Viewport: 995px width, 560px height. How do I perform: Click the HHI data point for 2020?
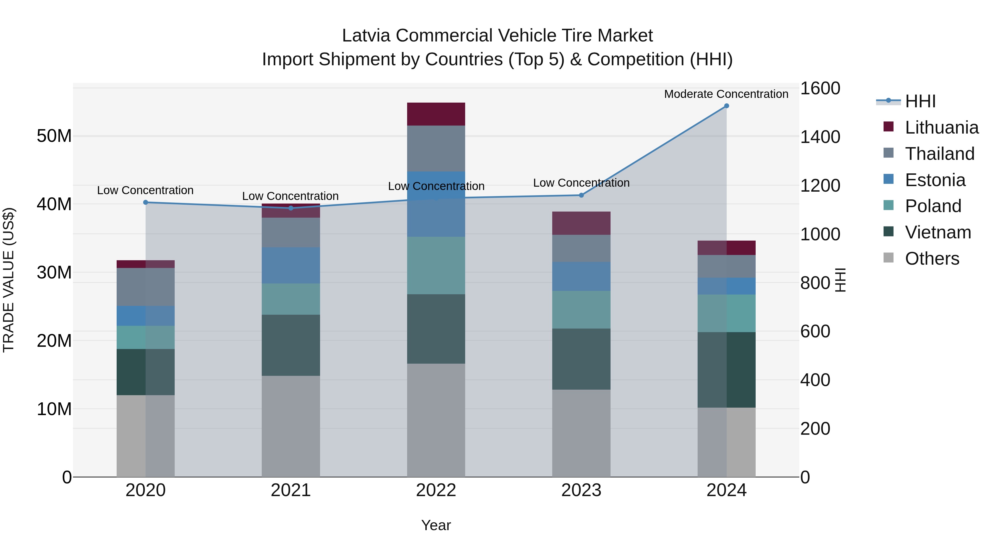pyautogui.click(x=146, y=202)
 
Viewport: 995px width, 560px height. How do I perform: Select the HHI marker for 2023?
pyautogui.click(x=581, y=195)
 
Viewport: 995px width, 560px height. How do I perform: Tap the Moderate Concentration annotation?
pyautogui.click(x=726, y=94)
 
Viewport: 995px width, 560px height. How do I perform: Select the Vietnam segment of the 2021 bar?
pyautogui.click(x=290, y=345)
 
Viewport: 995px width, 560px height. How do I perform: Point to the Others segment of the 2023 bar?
pyautogui.click(x=581, y=433)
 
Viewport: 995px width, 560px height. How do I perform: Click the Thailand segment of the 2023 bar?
pyautogui.click(x=581, y=249)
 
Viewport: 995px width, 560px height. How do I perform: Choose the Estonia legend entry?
pyautogui.click(x=935, y=180)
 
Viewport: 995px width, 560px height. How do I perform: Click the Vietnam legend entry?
pyautogui.click(x=938, y=233)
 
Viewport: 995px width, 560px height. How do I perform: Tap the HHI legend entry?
pyautogui.click(x=920, y=101)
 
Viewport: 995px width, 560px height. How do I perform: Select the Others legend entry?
pyautogui.click(x=932, y=259)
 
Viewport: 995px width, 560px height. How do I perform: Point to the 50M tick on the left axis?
pyautogui.click(x=54, y=136)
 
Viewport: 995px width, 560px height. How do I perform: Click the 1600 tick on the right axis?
pyautogui.click(x=820, y=88)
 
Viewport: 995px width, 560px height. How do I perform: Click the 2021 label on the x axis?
pyautogui.click(x=290, y=490)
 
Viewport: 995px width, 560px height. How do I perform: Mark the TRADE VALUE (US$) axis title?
pyautogui.click(x=9, y=280)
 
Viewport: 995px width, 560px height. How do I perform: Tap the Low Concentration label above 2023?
pyautogui.click(x=581, y=183)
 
